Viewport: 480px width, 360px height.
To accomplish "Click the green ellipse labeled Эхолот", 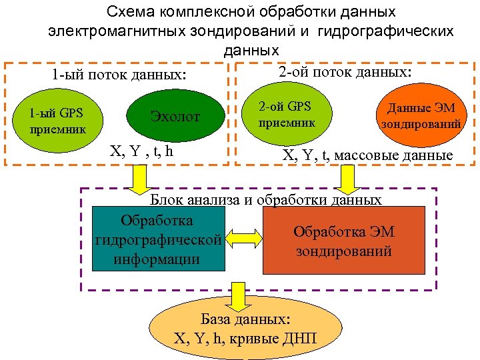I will pyautogui.click(x=175, y=116).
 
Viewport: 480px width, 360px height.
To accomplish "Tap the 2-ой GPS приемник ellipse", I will pyautogui.click(x=287, y=114).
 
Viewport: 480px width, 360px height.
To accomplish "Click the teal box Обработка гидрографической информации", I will pyautogui.click(x=157, y=239).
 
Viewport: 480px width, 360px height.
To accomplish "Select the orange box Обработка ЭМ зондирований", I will pyautogui.click(x=344, y=241).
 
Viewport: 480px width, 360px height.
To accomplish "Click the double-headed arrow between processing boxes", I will pyautogui.click(x=243, y=239).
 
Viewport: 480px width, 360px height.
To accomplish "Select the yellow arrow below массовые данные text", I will pyautogui.click(x=347, y=177).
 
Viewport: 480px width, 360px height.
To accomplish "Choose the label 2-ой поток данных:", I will pyautogui.click(x=345, y=71).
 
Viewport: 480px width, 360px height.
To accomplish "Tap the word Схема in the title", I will pyautogui.click(x=133, y=13).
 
